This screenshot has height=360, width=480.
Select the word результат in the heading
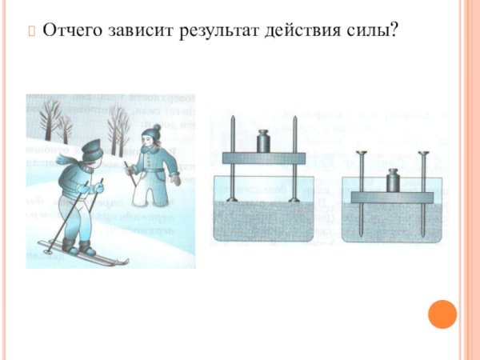click(218, 32)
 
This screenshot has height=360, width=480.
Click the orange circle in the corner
click(442, 314)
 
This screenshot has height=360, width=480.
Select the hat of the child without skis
click(152, 130)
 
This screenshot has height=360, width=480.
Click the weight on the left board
click(265, 142)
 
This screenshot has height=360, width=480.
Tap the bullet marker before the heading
click(32, 32)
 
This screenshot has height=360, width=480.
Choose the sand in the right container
click(391, 224)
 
